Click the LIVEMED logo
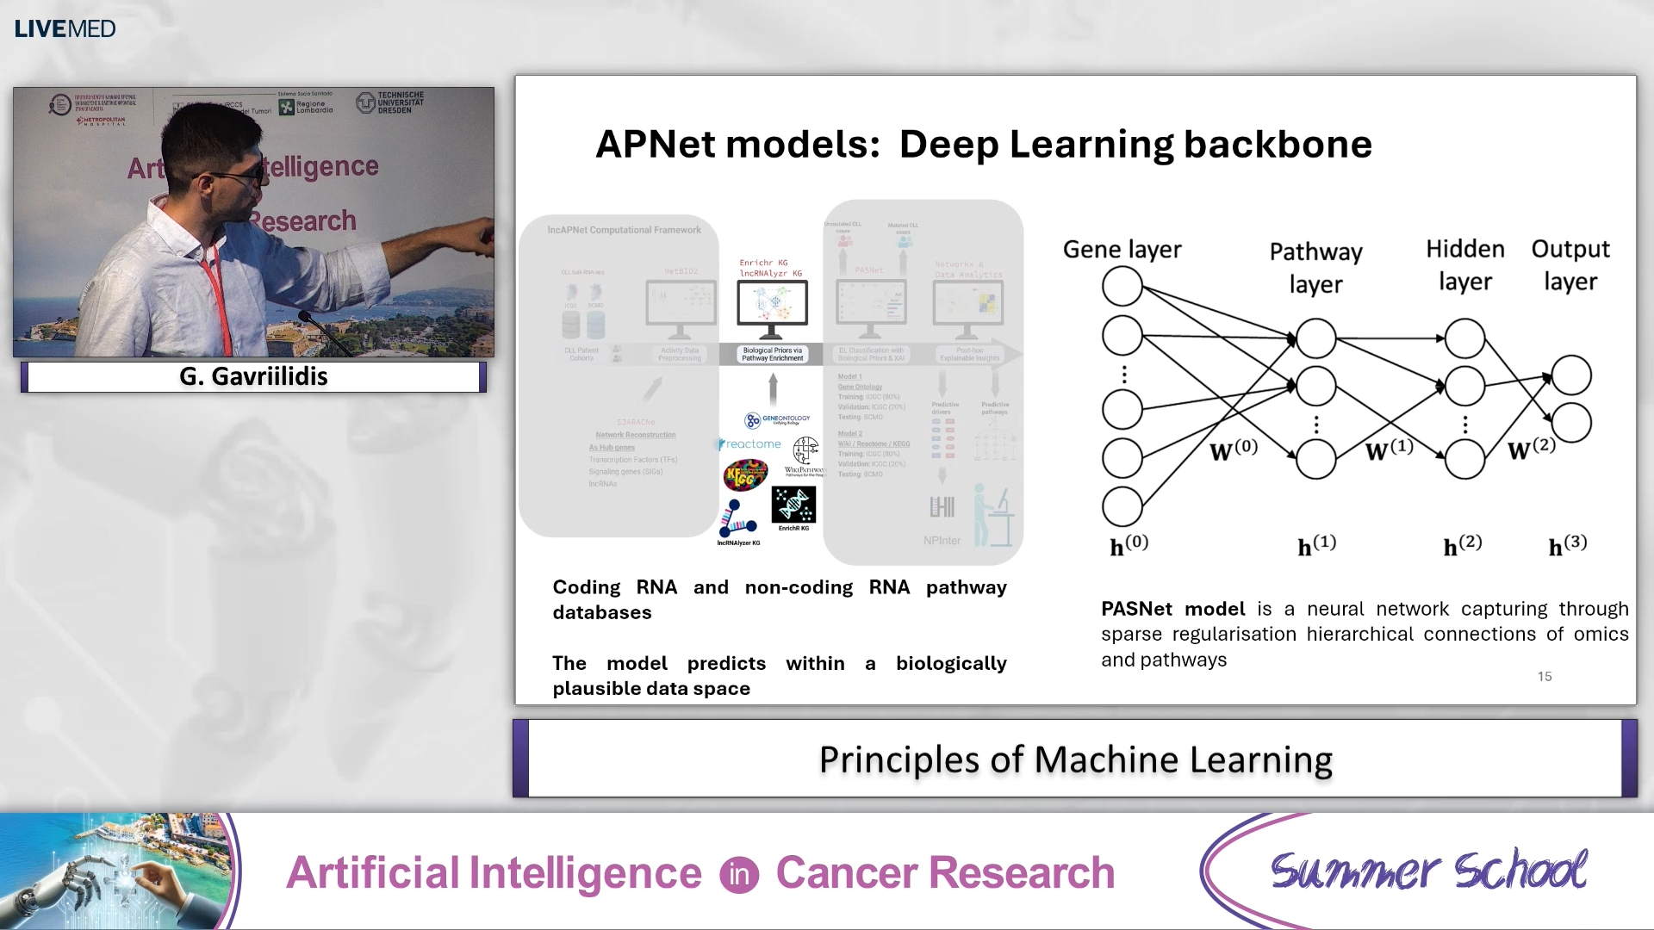65,28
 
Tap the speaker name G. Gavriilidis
253,376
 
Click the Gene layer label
1122,250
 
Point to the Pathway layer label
1315,267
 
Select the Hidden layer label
1464,264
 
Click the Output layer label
1570,264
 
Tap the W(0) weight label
1233,450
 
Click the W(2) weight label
1531,449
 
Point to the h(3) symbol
1567,546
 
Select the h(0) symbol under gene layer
1129,546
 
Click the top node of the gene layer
1122,286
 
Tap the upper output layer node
1570,375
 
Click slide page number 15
1545,677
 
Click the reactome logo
751,444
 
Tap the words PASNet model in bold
1172,609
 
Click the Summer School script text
1427,871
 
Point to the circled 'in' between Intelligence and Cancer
739,875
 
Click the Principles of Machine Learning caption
1075,759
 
